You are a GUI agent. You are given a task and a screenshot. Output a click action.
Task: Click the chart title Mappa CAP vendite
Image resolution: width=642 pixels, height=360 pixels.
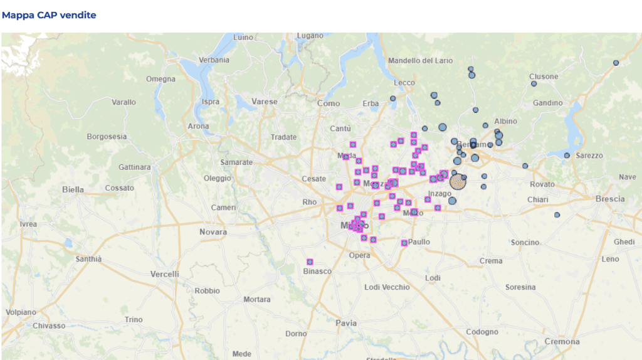click(49, 15)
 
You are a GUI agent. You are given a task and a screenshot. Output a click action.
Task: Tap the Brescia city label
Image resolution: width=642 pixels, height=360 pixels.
click(609, 199)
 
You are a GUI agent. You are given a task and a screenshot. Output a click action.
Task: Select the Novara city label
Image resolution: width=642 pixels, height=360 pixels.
click(213, 232)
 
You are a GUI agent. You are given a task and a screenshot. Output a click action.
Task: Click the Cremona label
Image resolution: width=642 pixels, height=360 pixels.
click(562, 342)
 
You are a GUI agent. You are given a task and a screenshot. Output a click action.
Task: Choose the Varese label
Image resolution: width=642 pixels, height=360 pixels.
click(264, 101)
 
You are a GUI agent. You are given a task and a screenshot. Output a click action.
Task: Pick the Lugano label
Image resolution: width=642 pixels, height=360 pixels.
click(310, 36)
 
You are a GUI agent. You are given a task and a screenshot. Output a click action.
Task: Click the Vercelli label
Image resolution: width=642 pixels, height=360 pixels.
click(164, 274)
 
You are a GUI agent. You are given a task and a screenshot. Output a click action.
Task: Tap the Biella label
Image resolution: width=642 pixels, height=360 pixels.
click(73, 189)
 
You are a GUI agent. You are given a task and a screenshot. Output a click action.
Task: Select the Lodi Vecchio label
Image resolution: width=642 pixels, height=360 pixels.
click(387, 287)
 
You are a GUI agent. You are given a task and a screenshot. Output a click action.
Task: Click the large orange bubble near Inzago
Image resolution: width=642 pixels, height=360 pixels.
click(458, 183)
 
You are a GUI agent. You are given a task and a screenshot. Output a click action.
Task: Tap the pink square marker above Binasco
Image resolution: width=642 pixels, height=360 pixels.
click(310, 262)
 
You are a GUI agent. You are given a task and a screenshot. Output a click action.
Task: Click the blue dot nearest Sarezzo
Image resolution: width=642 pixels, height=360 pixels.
click(567, 156)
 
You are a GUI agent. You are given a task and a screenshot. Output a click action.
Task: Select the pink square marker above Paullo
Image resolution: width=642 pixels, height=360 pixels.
click(404, 243)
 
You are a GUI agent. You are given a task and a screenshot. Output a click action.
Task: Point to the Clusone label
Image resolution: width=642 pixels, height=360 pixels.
click(544, 77)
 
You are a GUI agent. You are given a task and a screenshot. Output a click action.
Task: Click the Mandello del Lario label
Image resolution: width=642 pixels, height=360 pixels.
click(420, 61)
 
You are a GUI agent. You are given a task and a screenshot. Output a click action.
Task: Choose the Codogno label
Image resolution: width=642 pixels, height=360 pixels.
click(481, 332)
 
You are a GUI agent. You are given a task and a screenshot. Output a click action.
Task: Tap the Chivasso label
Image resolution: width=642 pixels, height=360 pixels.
click(48, 326)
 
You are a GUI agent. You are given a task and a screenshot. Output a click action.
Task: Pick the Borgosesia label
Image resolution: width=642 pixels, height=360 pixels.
click(107, 136)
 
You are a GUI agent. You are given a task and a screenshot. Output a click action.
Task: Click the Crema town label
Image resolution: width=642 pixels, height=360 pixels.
click(490, 261)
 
